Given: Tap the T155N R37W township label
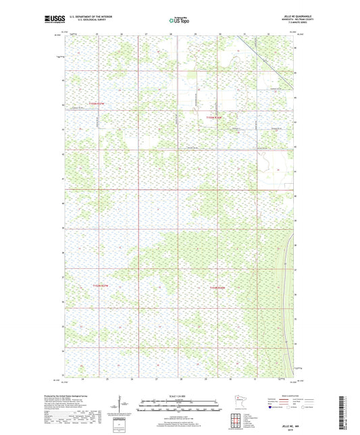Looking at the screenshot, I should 97,104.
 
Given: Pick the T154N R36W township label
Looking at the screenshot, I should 215,286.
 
